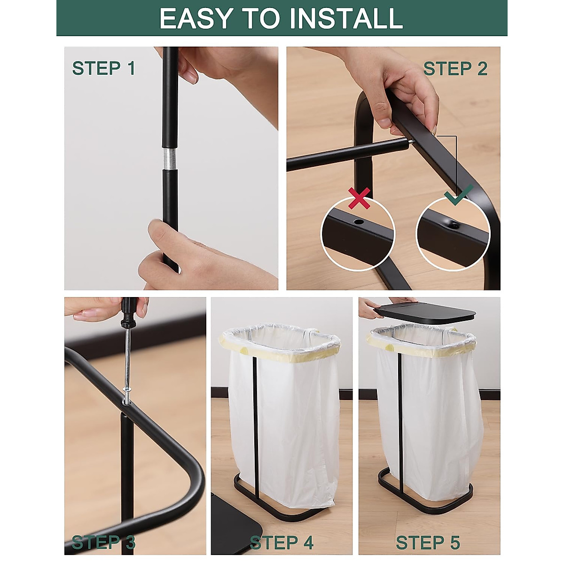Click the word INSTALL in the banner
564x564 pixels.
(346, 18)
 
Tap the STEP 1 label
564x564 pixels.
(103, 68)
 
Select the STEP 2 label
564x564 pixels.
(455, 69)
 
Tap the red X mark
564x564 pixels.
(359, 198)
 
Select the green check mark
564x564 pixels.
(458, 194)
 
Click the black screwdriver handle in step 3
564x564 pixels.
(128, 313)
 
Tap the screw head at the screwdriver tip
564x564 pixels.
(127, 390)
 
